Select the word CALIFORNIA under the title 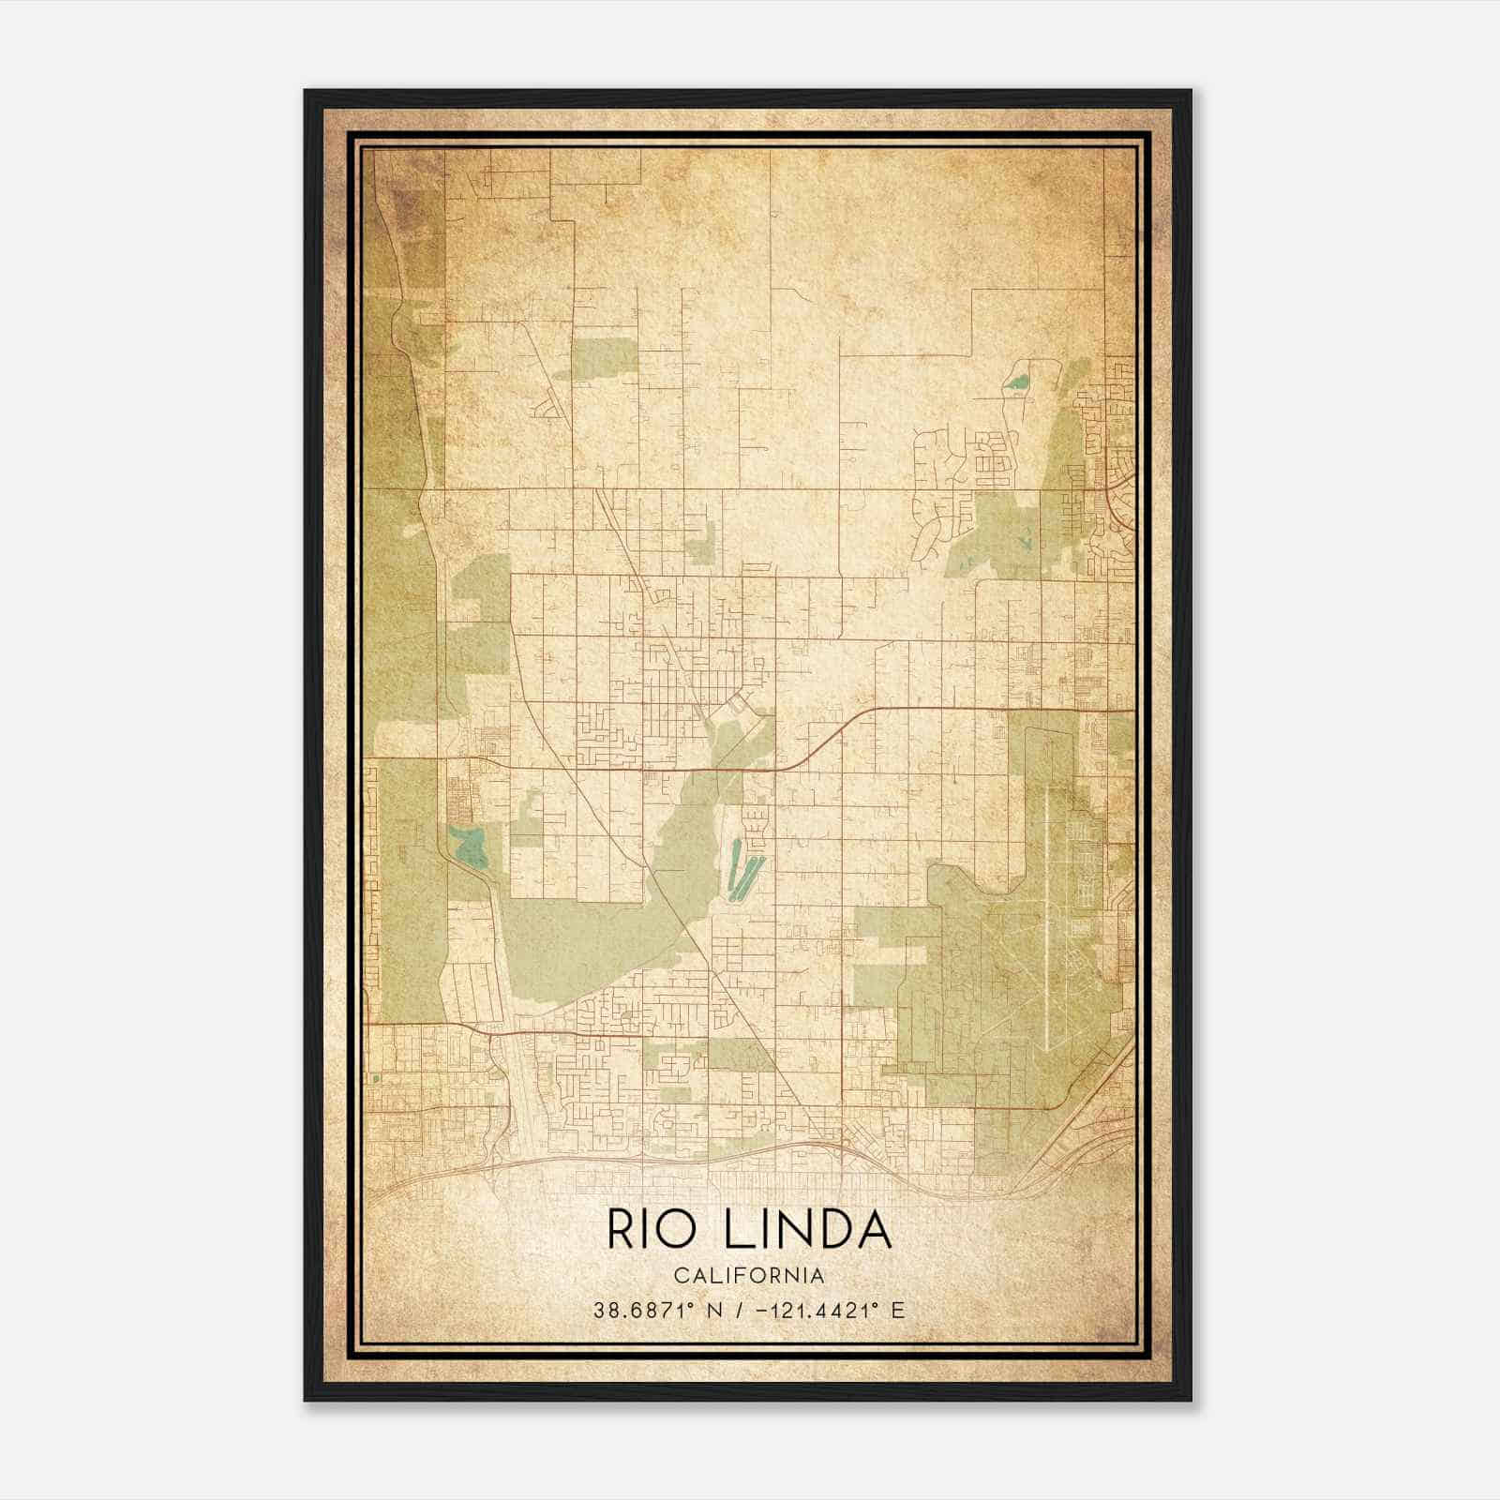(749, 1276)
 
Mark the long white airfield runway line (1043, 919)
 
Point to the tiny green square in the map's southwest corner (376, 1079)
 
